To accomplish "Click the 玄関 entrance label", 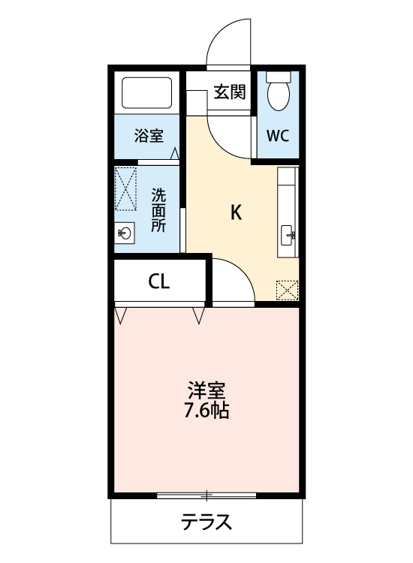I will point(229,92).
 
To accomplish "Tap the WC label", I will point(278,137).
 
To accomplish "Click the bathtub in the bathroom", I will point(148,93).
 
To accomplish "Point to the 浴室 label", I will point(148,136).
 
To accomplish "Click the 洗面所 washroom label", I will point(159,209).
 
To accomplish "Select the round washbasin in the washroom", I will point(125,234).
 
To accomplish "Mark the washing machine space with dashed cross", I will point(125,188).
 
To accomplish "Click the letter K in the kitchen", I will point(236,212).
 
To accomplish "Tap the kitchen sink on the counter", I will point(288,236).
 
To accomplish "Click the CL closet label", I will point(159,281).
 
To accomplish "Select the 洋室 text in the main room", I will point(206,391).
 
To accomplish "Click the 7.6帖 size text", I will point(206,411).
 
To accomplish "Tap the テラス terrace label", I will point(206,522).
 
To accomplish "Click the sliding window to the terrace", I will point(206,495).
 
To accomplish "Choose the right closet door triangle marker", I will point(198,315).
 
